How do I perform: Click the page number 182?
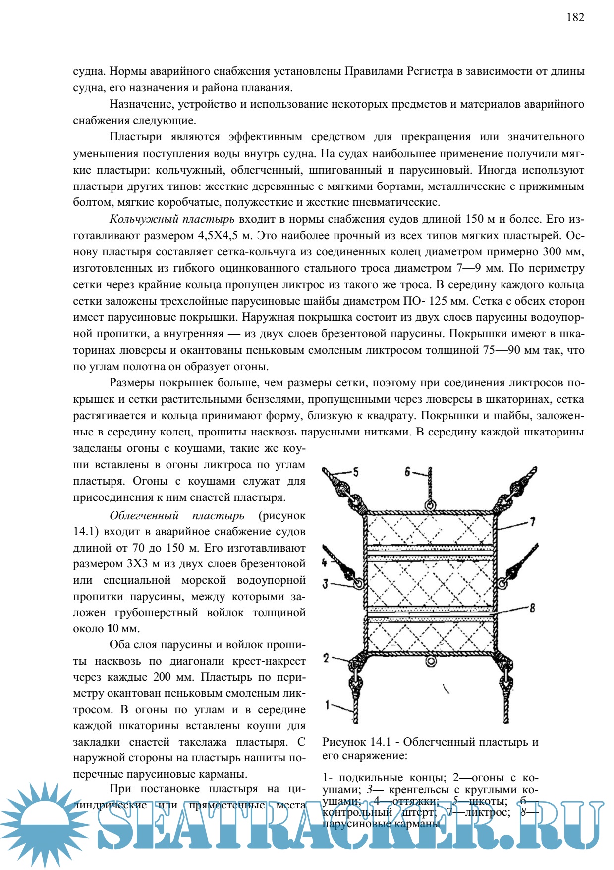point(575,18)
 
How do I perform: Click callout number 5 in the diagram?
point(355,472)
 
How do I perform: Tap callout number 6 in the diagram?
point(407,471)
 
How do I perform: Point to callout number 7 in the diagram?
point(533,521)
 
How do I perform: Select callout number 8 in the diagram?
point(532,607)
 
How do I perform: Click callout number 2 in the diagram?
point(326,658)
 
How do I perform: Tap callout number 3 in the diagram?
point(325,583)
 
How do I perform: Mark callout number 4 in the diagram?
point(324,562)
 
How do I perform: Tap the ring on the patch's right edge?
point(502,584)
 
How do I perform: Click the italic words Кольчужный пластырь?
point(172,219)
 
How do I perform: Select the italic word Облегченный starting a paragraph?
point(144,516)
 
